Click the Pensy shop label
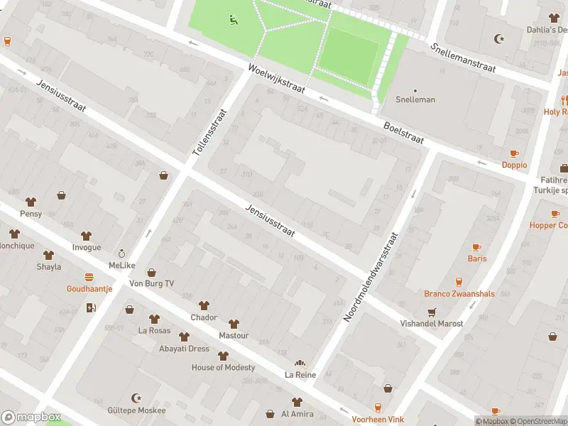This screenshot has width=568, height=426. [x=31, y=214]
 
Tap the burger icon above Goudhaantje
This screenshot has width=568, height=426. [x=89, y=277]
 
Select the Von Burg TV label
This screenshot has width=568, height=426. [x=151, y=283]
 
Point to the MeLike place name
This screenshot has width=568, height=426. [x=121, y=266]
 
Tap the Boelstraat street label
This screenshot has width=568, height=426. [x=403, y=133]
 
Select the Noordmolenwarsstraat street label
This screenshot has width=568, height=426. [x=371, y=277]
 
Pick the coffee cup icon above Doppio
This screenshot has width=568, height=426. [x=514, y=153]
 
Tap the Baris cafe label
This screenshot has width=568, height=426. [x=477, y=258]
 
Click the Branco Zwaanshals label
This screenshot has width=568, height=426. [x=459, y=294]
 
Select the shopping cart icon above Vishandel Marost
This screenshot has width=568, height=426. [x=431, y=312]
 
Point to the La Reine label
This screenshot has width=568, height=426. [x=300, y=374]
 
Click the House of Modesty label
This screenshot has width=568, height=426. [x=223, y=367]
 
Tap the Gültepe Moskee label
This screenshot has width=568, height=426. [x=137, y=410]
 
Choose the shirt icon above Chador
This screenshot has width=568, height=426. [x=204, y=305]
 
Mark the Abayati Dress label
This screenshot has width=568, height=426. [x=184, y=349]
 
